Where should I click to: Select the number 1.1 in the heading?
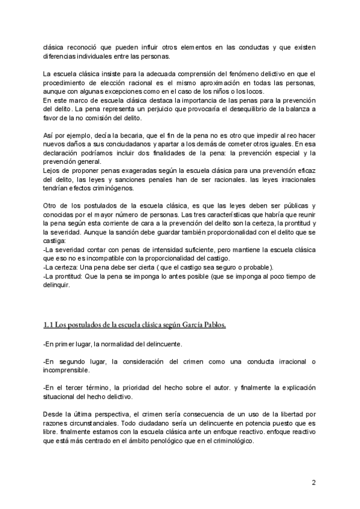point(49,325)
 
